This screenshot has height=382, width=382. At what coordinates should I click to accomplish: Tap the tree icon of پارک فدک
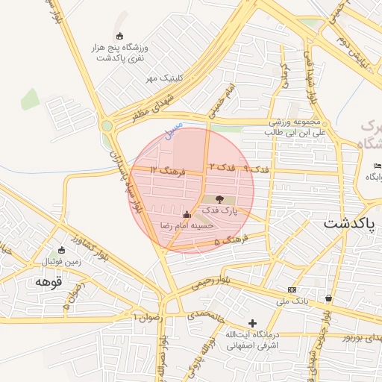click(x=219, y=199)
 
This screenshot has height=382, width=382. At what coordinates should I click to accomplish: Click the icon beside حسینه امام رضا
click(x=186, y=214)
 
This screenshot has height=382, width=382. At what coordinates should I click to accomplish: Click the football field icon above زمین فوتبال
click(x=61, y=251)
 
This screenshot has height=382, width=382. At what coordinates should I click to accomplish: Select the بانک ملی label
click(x=292, y=300)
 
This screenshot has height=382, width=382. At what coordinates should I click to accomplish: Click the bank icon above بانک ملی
click(x=292, y=289)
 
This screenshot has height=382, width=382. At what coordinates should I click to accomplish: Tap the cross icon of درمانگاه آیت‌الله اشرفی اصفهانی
click(x=253, y=324)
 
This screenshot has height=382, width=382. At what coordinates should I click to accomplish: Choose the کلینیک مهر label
click(x=163, y=78)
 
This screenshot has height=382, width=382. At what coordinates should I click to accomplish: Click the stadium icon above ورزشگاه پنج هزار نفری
click(x=120, y=37)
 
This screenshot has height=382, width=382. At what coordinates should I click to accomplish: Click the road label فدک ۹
click(x=256, y=170)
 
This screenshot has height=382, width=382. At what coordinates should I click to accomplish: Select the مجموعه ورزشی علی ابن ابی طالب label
click(x=295, y=128)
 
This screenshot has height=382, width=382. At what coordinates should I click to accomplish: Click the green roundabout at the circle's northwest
click(x=108, y=126)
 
